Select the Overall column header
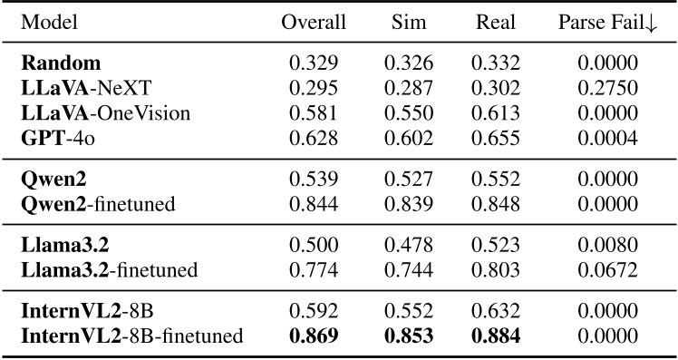313,23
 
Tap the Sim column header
408,23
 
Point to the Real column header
495,23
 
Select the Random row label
62,64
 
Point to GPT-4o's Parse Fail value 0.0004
608,138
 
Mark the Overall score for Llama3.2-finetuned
313,270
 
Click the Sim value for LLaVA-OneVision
408,113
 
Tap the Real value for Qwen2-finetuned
495,204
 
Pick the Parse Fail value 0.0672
608,270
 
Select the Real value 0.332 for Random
495,64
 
